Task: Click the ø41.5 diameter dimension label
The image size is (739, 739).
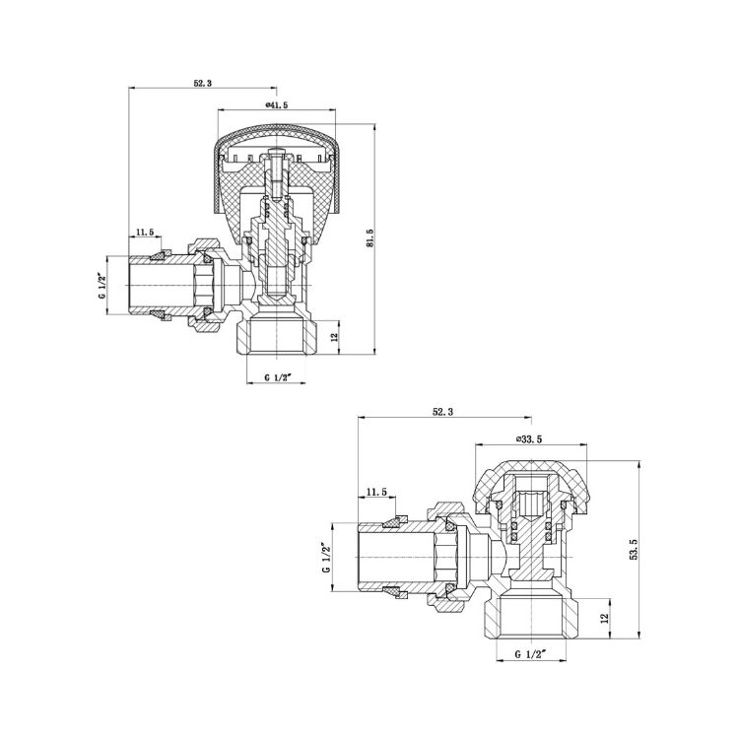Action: point(277,105)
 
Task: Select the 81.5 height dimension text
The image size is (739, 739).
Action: point(369,238)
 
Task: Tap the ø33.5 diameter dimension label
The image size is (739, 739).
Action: point(529,438)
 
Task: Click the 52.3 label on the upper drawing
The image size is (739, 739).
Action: point(203,83)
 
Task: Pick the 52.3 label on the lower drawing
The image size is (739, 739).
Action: point(442,412)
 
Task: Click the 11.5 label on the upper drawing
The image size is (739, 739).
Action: point(145,232)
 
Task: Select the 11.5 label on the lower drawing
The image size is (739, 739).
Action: point(376,492)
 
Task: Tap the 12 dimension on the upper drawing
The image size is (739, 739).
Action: point(335,337)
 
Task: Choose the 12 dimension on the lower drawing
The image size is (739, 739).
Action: point(606,618)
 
